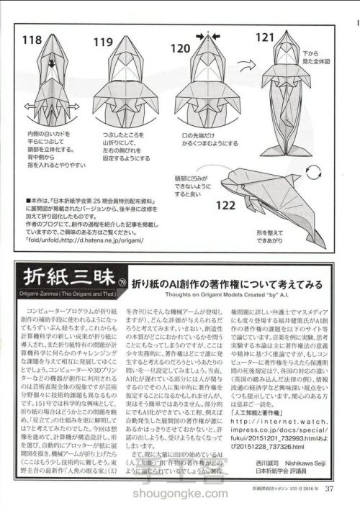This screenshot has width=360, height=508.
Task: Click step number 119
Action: point(104,42)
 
